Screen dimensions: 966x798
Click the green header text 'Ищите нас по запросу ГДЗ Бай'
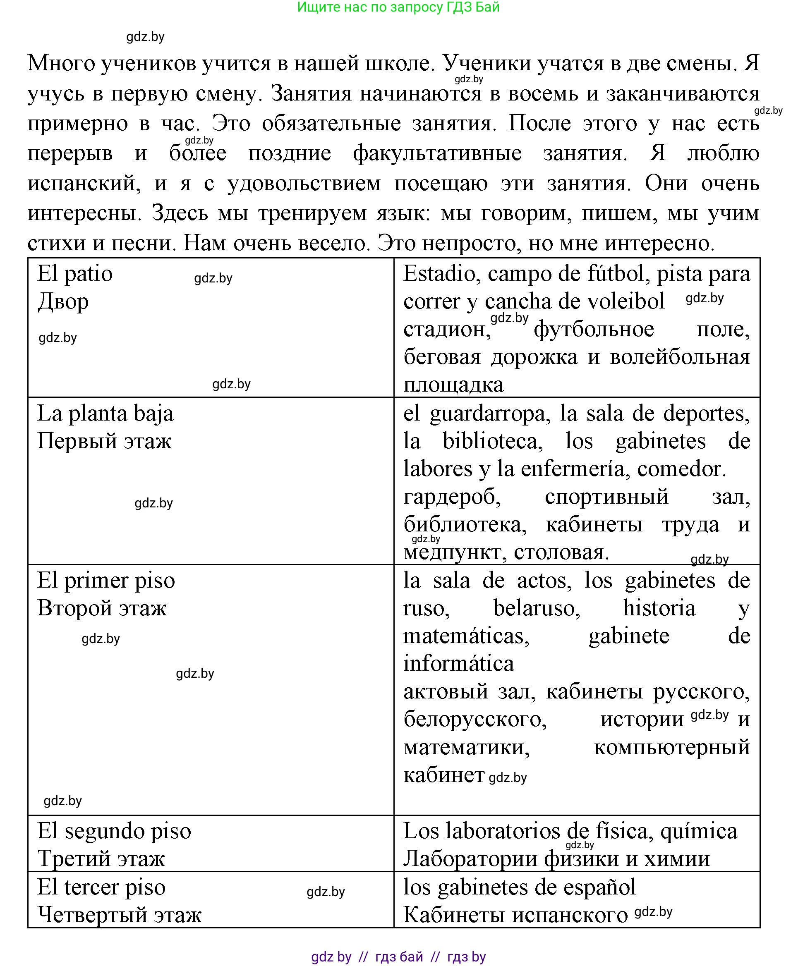coord(398,7)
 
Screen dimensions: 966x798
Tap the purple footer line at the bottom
coord(398,957)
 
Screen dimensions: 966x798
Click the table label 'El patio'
coord(75,274)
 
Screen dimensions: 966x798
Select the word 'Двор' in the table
coord(63,302)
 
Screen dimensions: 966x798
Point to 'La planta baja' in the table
coord(105,414)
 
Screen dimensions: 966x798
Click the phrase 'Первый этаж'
coord(104,441)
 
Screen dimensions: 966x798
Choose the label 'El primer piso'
coord(106,581)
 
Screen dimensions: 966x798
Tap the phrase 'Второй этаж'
coord(102,608)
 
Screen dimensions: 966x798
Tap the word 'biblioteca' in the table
coord(492,441)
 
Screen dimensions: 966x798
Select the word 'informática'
coord(458,664)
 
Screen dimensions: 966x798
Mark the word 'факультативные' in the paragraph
coord(437,153)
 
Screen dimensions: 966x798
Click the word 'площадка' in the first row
coord(453,385)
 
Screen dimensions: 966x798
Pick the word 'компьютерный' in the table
coord(671,747)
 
